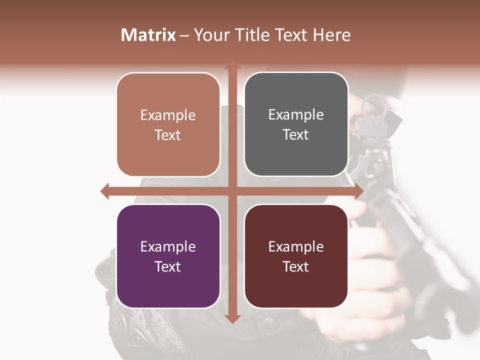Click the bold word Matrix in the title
(x=148, y=35)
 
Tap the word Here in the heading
(x=331, y=35)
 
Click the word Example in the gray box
(x=296, y=115)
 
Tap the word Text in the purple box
(x=168, y=266)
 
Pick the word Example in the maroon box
(x=296, y=246)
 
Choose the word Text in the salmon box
(x=168, y=135)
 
